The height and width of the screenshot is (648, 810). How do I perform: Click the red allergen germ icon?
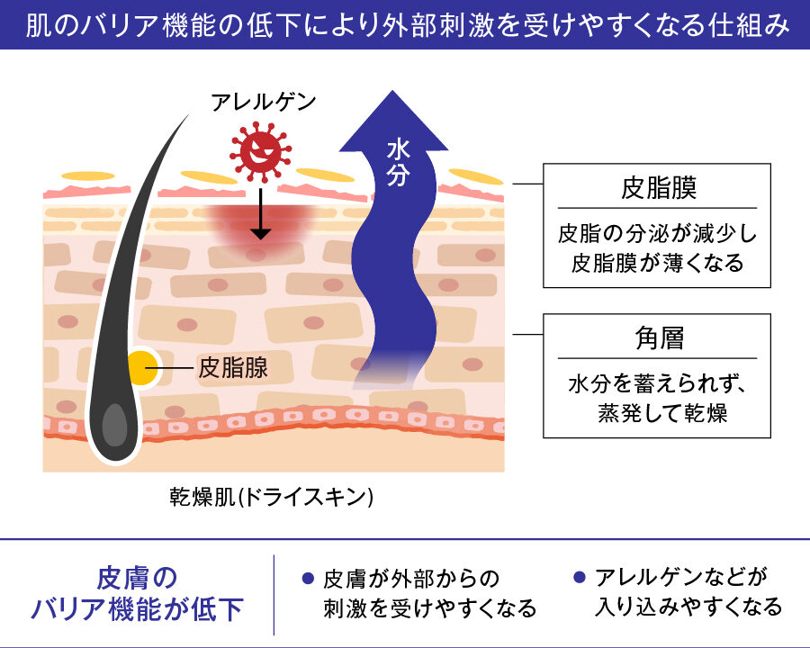(x=260, y=151)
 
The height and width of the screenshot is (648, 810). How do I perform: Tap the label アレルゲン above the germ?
(x=263, y=102)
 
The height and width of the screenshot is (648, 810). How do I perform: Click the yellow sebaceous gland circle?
(x=142, y=367)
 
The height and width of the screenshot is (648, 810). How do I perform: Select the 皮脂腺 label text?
(x=233, y=368)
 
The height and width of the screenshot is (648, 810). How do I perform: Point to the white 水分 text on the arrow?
(x=399, y=162)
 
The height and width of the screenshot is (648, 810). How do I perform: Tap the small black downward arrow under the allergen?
(x=261, y=213)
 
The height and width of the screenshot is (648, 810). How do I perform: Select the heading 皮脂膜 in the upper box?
(x=658, y=187)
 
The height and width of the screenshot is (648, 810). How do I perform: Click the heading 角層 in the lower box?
(x=659, y=338)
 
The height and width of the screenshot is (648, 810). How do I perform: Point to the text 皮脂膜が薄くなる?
(x=657, y=263)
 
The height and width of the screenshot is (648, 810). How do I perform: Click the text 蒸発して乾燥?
(x=662, y=413)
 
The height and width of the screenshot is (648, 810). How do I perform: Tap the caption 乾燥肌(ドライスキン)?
(x=272, y=497)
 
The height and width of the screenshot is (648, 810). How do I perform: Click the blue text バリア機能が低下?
(x=137, y=608)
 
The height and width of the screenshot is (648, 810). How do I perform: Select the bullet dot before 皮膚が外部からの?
(x=308, y=578)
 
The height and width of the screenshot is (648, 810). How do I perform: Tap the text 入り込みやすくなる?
(x=688, y=607)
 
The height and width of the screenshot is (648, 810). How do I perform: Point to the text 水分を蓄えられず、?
(x=657, y=384)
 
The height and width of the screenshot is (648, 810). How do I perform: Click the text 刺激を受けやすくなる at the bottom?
(x=430, y=608)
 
